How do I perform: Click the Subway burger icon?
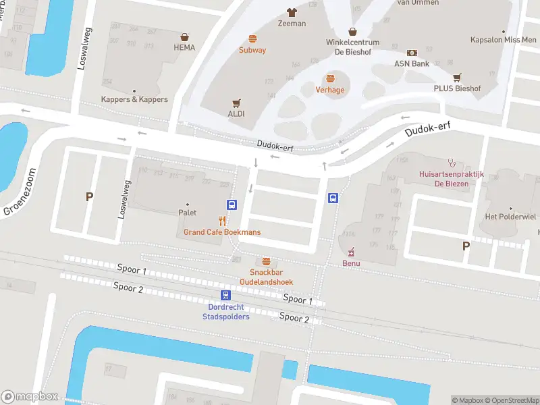[x=252, y=38]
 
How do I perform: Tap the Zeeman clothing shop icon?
[x=292, y=12]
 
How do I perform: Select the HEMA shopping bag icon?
[x=184, y=37]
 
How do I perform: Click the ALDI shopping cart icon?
[x=236, y=103]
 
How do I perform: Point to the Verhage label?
[x=330, y=90]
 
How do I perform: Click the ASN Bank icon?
[x=412, y=53]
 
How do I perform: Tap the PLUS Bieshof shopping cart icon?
[x=457, y=78]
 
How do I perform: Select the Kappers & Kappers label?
[x=134, y=100]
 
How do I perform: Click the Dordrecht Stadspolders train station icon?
[x=225, y=295]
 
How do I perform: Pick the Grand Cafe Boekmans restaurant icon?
[x=223, y=221]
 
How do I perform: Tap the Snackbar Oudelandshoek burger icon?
[x=267, y=261]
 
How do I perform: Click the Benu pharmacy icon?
[x=351, y=252]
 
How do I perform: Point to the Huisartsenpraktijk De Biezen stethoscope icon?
[x=452, y=162]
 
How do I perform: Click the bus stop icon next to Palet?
[x=232, y=205]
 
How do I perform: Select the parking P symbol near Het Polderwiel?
[x=466, y=246]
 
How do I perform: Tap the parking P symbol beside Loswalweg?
[x=88, y=197]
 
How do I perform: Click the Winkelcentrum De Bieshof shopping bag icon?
[x=352, y=31]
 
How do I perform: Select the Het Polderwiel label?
[x=510, y=217]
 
